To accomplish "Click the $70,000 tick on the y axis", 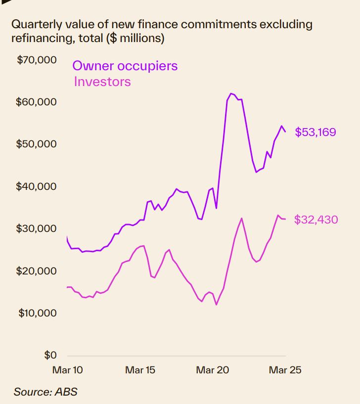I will [x=37, y=60].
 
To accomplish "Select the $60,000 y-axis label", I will [x=37, y=102].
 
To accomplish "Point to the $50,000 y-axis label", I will [x=37, y=144].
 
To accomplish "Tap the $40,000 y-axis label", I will [x=37, y=186].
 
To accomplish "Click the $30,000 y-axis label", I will [x=37, y=228].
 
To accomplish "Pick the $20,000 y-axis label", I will [x=37, y=271].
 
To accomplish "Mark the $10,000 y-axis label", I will [x=37, y=313].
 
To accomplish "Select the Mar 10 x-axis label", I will [x=67, y=370].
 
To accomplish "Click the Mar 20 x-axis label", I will [x=212, y=370].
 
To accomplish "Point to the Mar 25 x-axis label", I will [x=285, y=370].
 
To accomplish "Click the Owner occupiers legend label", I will [x=125, y=66].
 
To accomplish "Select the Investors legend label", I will [x=102, y=82].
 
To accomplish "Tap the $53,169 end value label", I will [x=315, y=132].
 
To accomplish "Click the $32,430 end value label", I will [x=316, y=220].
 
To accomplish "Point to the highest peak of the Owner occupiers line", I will [x=231, y=93].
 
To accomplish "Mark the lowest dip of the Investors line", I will [x=217, y=305].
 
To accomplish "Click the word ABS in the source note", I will [x=66, y=392].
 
